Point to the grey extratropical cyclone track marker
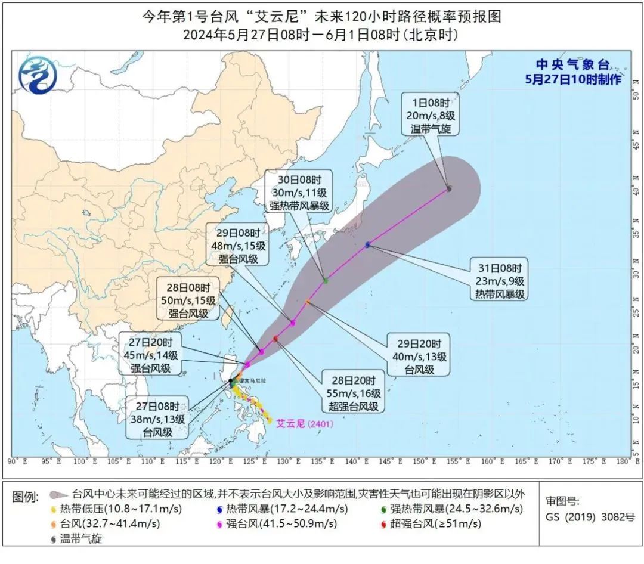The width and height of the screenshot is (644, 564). [x=448, y=188]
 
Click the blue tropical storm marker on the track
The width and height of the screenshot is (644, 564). [x=367, y=244]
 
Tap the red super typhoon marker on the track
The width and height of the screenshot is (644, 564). [x=275, y=339]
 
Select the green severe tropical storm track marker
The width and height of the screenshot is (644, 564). [x=326, y=280]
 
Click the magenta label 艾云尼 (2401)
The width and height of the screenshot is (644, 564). [x=304, y=423]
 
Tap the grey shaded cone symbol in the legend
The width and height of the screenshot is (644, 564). [x=57, y=494]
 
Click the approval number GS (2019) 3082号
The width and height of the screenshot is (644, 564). [x=590, y=516]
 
